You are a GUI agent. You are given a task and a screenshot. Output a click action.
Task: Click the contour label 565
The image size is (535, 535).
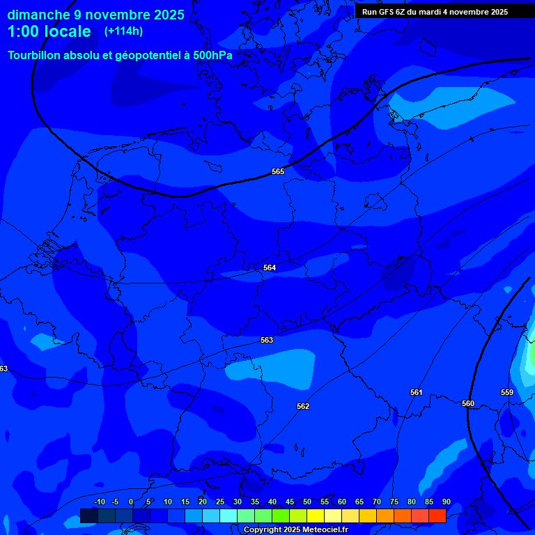pyautogui.click(x=278, y=171)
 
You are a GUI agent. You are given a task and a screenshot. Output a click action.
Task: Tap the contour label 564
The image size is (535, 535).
pyautogui.click(x=270, y=267)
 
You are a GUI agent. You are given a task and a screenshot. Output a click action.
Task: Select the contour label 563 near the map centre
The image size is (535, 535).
pyautogui.click(x=267, y=340)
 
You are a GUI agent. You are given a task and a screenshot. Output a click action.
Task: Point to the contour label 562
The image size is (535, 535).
pyautogui.click(x=303, y=406)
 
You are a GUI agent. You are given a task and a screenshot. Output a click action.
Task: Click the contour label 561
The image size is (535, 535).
pyautogui.click(x=417, y=392)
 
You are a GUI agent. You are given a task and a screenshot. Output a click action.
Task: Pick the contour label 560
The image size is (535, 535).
pyautogui.click(x=468, y=403)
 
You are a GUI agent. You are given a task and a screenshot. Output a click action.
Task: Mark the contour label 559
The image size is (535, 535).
pyautogui.click(x=507, y=392)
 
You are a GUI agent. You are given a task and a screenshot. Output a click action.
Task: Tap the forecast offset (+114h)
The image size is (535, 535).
pyautogui.click(x=123, y=31)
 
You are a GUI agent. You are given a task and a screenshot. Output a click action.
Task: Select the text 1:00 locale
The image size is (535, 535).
pyautogui.click(x=49, y=32)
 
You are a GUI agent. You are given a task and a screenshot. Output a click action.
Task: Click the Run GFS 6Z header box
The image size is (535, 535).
pyautogui.click(x=435, y=12)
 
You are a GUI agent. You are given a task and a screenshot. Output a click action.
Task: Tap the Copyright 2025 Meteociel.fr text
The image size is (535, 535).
pyautogui.click(x=295, y=530)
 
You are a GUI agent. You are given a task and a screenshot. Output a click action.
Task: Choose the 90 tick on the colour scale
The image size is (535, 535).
pyautogui.click(x=446, y=502)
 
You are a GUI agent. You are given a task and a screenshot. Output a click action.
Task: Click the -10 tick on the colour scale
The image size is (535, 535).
pyautogui.click(x=99, y=502)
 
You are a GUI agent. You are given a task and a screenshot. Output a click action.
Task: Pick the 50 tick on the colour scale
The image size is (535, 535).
pyautogui.click(x=307, y=502)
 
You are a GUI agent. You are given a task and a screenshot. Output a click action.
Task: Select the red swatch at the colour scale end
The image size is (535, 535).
pyautogui.click(x=437, y=515)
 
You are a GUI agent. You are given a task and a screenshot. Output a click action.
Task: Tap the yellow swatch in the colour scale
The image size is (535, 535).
pyautogui.click(x=315, y=515)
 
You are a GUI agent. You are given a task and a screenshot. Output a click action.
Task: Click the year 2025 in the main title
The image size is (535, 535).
pyautogui.click(x=170, y=15)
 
